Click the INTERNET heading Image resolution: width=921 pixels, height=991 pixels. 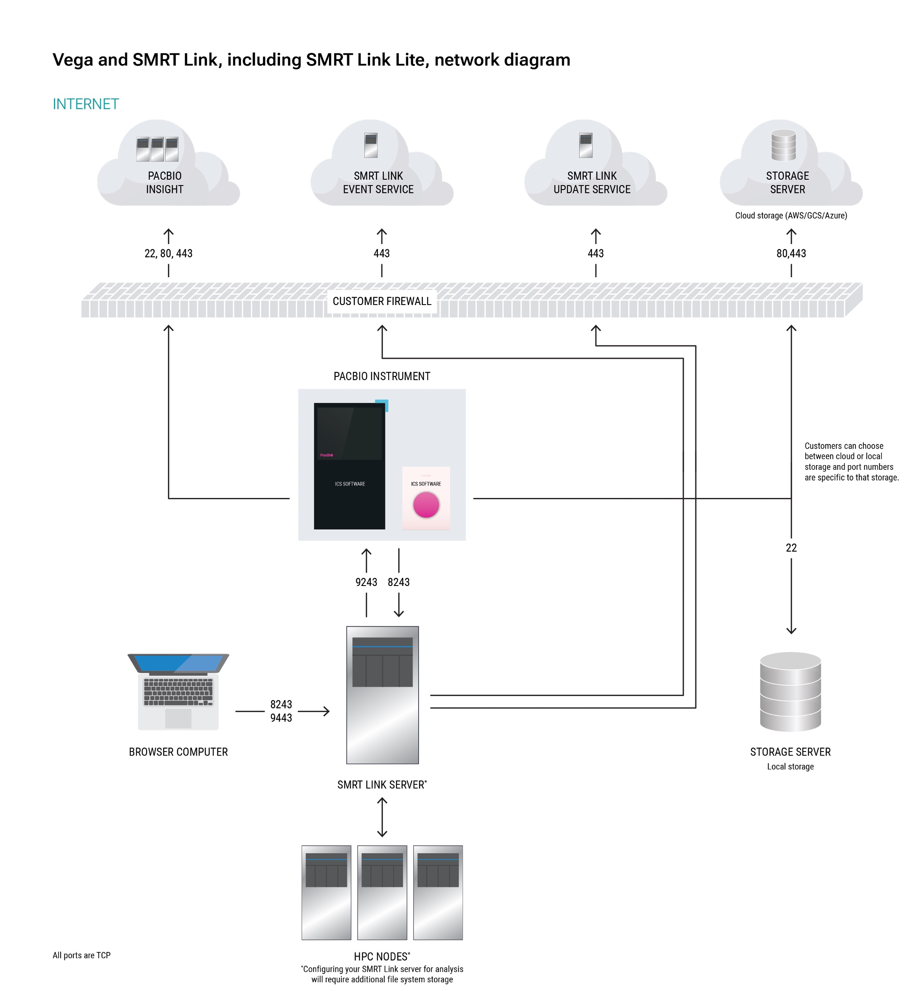(x=86, y=104)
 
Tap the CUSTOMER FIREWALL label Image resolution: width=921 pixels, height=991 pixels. (x=382, y=301)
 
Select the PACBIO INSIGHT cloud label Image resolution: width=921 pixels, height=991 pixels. (x=164, y=183)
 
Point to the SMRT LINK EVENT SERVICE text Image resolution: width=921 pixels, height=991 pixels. (x=378, y=183)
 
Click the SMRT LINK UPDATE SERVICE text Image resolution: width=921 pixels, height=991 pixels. (x=592, y=183)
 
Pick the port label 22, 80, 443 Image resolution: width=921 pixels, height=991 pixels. (x=168, y=253)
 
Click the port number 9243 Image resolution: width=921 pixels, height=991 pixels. (x=366, y=582)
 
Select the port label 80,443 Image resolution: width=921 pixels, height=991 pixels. (x=791, y=253)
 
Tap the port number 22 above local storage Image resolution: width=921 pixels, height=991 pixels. (x=791, y=548)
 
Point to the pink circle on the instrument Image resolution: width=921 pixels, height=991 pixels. (x=426, y=505)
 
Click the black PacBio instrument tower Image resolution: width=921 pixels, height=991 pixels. (x=349, y=466)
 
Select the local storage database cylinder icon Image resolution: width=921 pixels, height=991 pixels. (x=790, y=691)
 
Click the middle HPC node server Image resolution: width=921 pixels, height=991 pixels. (x=382, y=892)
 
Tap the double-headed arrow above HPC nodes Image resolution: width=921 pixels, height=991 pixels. (x=382, y=817)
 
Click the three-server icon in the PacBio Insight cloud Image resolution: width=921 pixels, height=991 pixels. (x=158, y=149)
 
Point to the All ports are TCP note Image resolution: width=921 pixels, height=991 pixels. (x=82, y=955)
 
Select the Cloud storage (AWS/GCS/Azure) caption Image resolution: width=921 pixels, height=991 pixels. (x=791, y=215)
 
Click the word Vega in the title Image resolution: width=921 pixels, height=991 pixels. (x=73, y=60)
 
